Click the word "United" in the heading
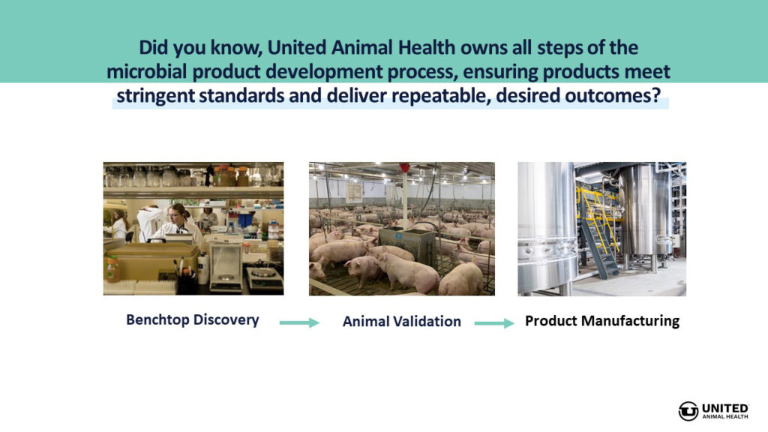[297, 47]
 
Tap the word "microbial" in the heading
[147, 71]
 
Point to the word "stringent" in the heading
[155, 96]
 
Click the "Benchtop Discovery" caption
[193, 319]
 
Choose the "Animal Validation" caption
[402, 321]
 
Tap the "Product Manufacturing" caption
[602, 321]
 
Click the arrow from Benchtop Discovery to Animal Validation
[299, 322]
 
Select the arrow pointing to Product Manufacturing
[494, 323]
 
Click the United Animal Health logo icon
[688, 411]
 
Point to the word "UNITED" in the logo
[725, 409]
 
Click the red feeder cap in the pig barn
[404, 167]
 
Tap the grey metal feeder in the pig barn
[407, 244]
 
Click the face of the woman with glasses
[175, 214]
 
